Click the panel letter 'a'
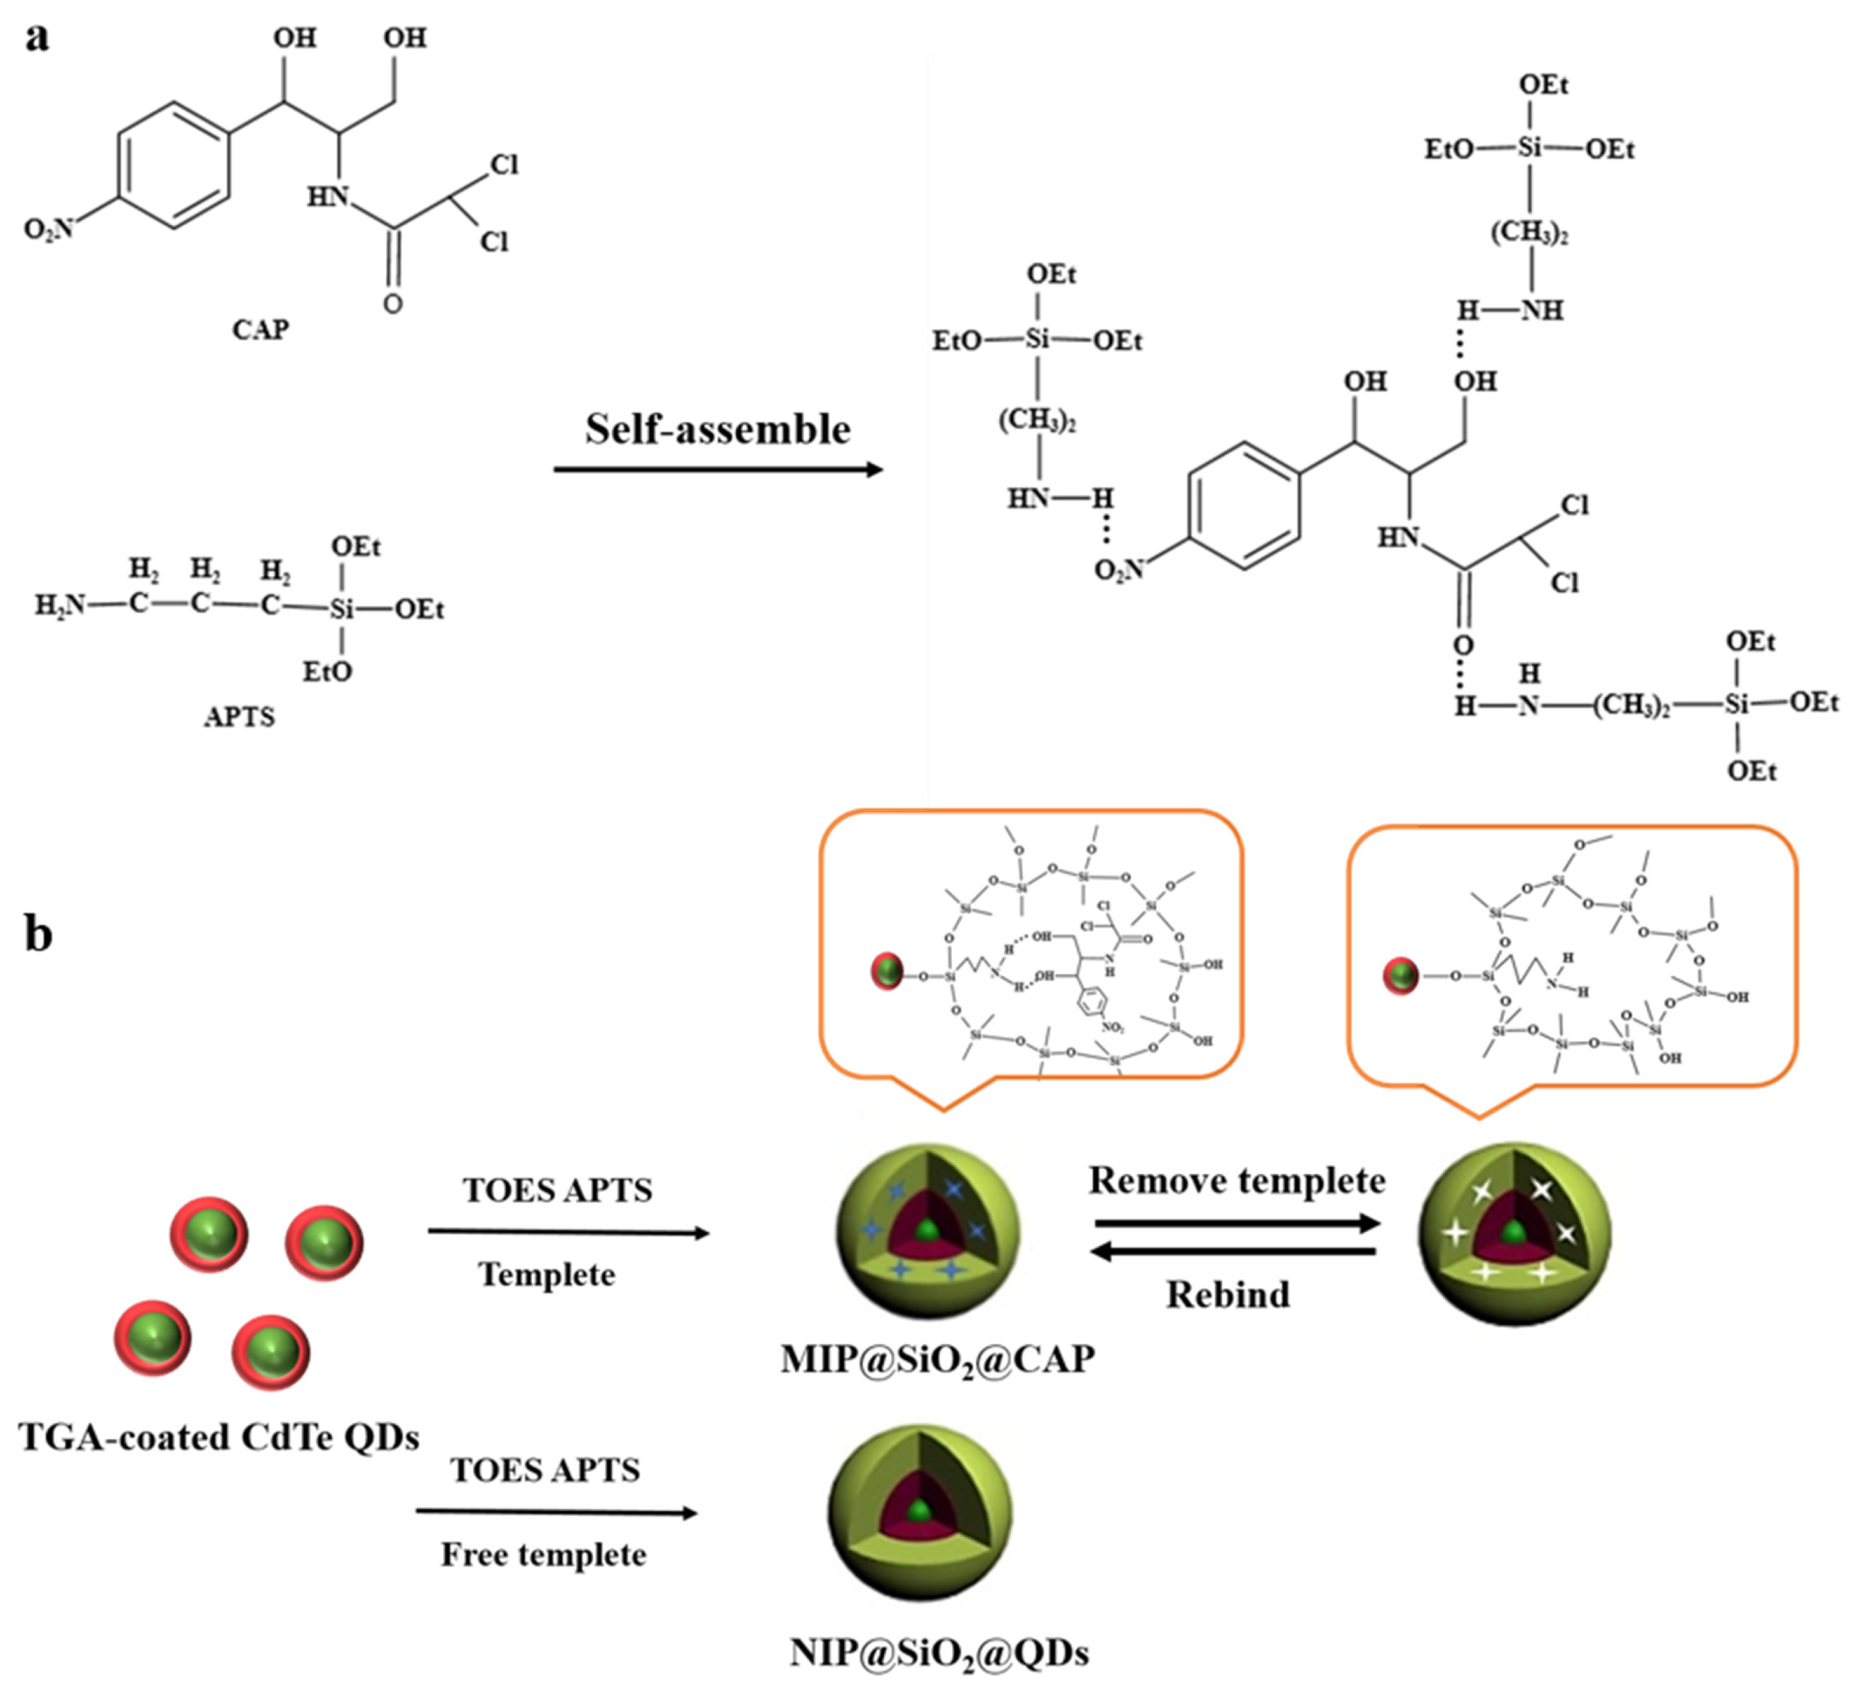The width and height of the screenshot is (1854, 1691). tap(37, 39)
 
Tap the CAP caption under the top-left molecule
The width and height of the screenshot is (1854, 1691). tap(260, 329)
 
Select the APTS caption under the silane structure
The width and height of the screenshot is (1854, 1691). tap(239, 716)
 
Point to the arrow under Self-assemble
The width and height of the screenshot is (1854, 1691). tap(717, 470)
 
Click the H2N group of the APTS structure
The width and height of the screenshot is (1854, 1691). tap(59, 605)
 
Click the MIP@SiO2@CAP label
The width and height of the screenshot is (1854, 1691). tap(937, 1359)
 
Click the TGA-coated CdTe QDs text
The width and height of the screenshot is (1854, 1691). tap(219, 1436)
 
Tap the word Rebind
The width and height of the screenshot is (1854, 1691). tap(1228, 1295)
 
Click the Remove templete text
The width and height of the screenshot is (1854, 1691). tap(1237, 1181)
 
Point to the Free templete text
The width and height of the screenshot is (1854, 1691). tap(544, 1554)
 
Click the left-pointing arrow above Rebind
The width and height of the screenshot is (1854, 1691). tap(1233, 1251)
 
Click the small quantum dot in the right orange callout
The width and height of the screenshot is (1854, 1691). tap(1401, 975)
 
